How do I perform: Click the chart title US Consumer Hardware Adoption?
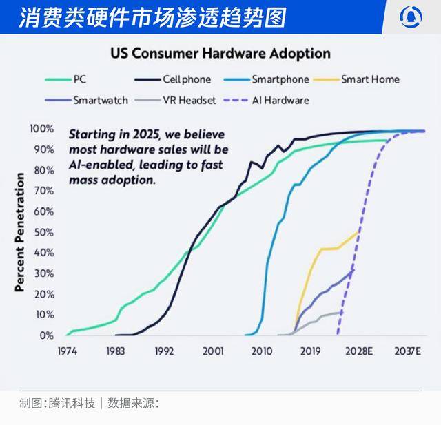coord(220,54)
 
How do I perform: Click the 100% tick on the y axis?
coord(41,129)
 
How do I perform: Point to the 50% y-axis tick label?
coord(43,232)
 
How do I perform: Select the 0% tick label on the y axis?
coord(45,335)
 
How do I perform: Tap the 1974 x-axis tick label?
coord(67,351)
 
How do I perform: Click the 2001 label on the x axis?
coord(213,351)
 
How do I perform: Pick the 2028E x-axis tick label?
coord(359,351)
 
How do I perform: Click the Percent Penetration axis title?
coord(20,232)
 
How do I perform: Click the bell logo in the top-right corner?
coord(413,17)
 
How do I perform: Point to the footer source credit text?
coord(90,403)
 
